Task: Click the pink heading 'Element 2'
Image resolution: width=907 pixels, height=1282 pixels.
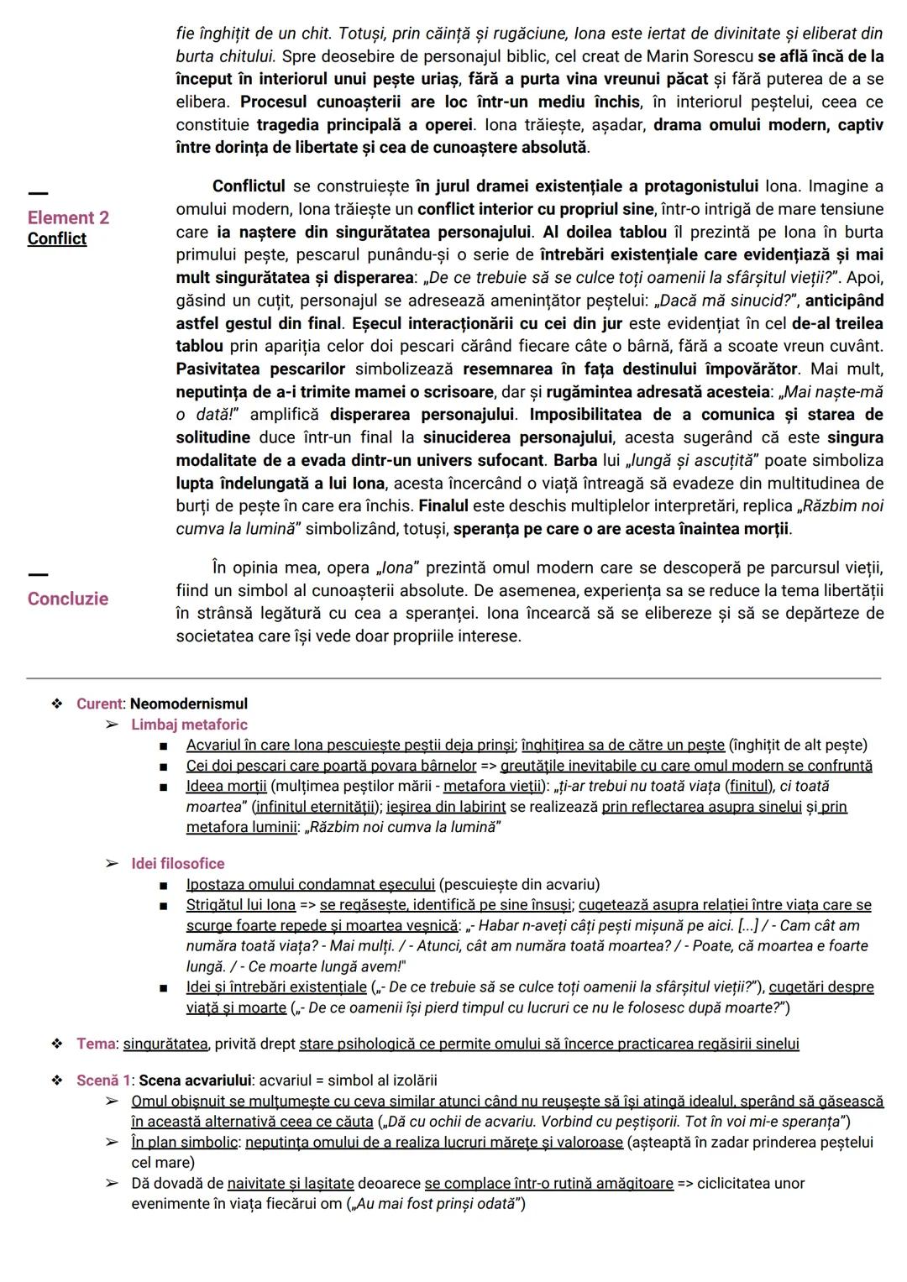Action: coord(68,217)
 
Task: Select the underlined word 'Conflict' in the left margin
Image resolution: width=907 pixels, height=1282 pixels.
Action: coord(56,238)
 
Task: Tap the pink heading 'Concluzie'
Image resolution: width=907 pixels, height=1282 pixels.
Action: coord(67,599)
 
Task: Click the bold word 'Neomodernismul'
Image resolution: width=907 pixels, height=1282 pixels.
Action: coord(189,704)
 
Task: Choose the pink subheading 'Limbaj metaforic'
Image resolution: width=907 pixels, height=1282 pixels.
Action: coord(189,725)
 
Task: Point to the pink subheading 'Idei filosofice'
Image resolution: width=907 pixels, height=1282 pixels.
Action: coord(177,863)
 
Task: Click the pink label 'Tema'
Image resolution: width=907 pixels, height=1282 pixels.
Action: coord(96,1044)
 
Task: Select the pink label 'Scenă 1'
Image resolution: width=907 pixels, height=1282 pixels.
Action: coord(103,1081)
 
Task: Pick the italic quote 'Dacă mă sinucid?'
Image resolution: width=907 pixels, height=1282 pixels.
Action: coord(726,301)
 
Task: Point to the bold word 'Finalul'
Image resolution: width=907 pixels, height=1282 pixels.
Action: coord(443,506)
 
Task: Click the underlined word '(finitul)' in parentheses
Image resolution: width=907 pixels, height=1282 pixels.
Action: coord(750,786)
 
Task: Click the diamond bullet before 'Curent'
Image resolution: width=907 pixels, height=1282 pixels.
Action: coord(57,704)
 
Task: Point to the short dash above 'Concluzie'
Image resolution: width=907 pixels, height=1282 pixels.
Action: coord(38,574)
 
